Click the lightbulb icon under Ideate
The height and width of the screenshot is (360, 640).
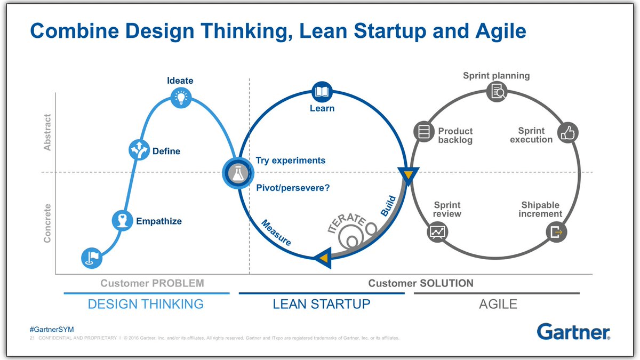pyautogui.click(x=180, y=97)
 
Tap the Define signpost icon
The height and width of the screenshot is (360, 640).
pyautogui.click(x=139, y=150)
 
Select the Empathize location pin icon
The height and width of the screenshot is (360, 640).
pyautogui.click(x=123, y=220)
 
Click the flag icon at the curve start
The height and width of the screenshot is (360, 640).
pyautogui.click(x=91, y=258)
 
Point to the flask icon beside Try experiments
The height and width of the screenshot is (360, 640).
pyautogui.click(x=235, y=173)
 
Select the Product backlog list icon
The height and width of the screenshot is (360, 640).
pyautogui.click(x=425, y=132)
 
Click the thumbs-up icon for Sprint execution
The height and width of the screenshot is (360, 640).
pyautogui.click(x=568, y=132)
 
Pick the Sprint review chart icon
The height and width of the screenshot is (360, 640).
pyautogui.click(x=438, y=231)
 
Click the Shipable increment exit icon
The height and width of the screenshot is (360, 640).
pyautogui.click(x=556, y=232)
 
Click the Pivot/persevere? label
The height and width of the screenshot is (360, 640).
pyautogui.click(x=293, y=188)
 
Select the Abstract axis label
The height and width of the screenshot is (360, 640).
pyautogui.click(x=47, y=132)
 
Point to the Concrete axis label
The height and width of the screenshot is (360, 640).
pyautogui.click(x=47, y=223)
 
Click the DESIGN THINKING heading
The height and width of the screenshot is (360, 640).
pyautogui.click(x=146, y=304)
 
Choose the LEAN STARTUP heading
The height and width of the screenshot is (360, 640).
pyautogui.click(x=321, y=304)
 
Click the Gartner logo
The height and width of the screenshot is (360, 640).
pyautogui.click(x=573, y=331)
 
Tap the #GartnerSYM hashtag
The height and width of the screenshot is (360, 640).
pyautogui.click(x=51, y=330)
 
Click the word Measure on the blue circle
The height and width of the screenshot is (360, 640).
pyautogui.click(x=276, y=233)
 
